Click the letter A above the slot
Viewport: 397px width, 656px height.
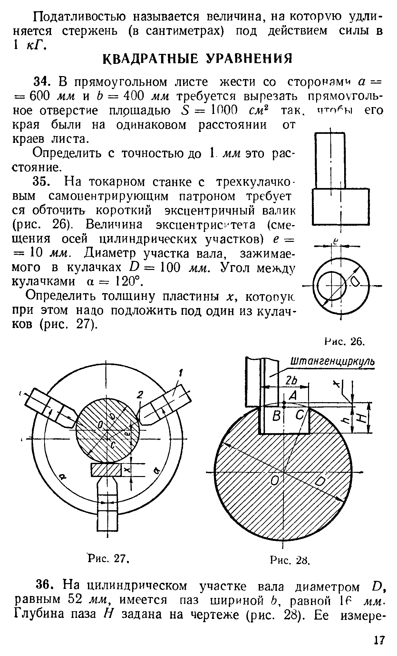pos(293,395)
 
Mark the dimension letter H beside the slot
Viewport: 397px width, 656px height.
pos(362,418)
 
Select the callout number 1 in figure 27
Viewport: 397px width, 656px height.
pos(181,374)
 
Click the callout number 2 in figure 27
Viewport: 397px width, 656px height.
pos(140,395)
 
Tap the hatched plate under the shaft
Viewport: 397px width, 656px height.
pos(106,469)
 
